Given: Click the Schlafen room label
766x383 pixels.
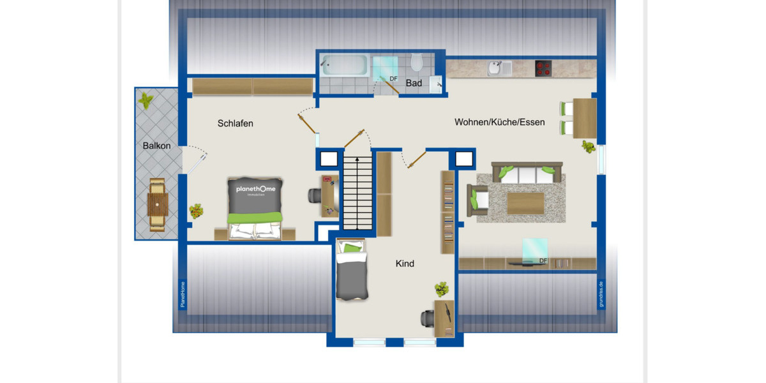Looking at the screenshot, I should pos(235,123).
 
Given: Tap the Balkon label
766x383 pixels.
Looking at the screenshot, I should pos(156,146).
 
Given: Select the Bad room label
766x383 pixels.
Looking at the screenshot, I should pos(414,83).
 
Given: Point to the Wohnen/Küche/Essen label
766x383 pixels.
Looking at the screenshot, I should pos(499,121).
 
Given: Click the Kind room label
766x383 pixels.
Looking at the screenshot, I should pos(405,263).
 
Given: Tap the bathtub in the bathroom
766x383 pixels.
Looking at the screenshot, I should pos(344,65).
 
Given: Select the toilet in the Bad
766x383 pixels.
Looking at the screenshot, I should pos(417,63).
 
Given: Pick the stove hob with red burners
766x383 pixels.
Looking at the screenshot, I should pos(543,68).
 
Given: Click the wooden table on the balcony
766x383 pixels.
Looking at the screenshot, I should pos(157,205).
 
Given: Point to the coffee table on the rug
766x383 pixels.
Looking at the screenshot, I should pos(525,203).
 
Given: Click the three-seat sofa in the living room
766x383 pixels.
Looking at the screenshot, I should pos(527,172).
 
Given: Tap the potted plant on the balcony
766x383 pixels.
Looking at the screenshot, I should pos(147,100).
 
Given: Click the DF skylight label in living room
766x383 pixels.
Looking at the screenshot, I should pos(543,260).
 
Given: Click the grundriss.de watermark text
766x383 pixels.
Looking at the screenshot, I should pos(601,294).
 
